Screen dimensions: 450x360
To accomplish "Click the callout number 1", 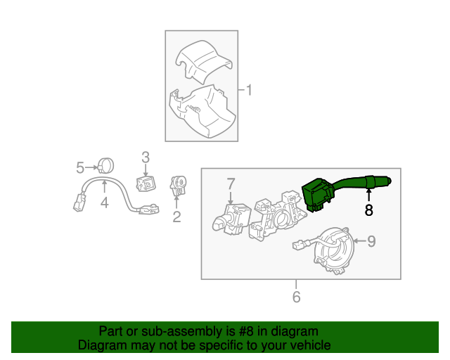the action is (x=249, y=89).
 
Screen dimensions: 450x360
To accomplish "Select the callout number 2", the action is (x=176, y=217).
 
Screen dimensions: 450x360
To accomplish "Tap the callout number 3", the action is (x=146, y=156).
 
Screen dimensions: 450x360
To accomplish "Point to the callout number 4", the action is (x=104, y=203).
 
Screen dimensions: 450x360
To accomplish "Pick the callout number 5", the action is (x=80, y=167).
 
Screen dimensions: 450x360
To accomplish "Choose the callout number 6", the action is (x=296, y=297).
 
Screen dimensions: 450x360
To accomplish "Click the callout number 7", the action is (x=231, y=184).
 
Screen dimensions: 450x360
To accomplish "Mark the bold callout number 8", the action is (x=368, y=210).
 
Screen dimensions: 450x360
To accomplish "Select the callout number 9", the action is (x=371, y=241).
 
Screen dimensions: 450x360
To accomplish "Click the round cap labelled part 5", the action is (x=107, y=167).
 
